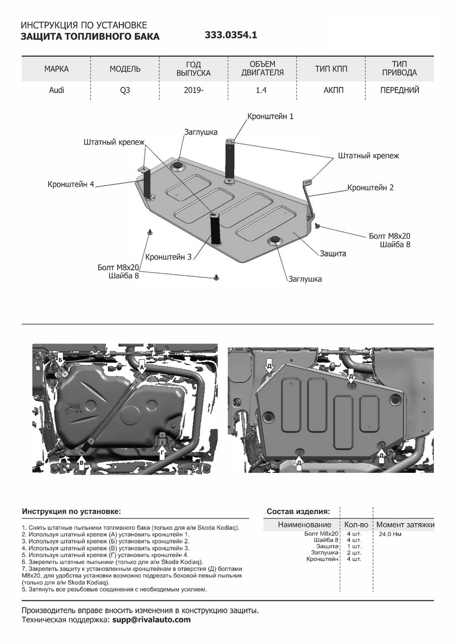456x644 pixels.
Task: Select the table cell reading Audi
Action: [56, 90]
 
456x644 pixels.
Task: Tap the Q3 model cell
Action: [125, 90]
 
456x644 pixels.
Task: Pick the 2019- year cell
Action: [193, 90]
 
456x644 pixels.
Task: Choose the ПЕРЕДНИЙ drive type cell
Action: [400, 90]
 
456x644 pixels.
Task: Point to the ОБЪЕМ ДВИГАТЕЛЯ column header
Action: [262, 69]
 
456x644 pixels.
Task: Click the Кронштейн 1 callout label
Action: [270, 116]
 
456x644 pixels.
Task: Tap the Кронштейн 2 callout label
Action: [371, 188]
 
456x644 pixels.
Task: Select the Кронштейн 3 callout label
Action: [168, 257]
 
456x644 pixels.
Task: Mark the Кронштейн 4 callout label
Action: [70, 184]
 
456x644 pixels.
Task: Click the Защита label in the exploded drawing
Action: [333, 253]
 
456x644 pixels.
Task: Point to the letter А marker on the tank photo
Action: [142, 367]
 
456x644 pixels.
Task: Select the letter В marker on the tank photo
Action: [81, 462]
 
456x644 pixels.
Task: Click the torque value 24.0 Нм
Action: [390, 534]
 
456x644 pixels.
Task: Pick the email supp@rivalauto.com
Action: [151, 620]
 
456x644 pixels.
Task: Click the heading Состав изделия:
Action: [299, 511]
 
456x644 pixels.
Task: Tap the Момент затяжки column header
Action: [405, 524]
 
